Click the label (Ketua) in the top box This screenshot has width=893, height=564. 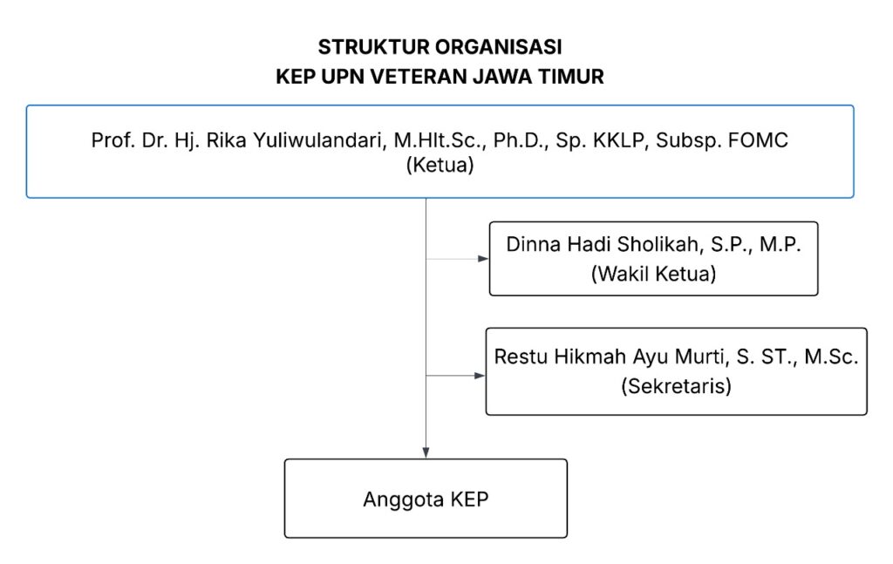(440, 165)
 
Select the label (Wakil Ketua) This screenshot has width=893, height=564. (653, 274)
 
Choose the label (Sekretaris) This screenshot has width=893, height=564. (676, 386)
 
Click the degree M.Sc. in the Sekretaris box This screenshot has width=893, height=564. (831, 357)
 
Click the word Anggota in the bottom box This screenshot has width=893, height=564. (403, 499)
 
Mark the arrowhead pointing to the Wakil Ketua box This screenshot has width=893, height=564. (483, 259)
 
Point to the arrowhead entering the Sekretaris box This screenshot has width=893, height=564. (480, 376)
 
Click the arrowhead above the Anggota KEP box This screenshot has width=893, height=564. (426, 453)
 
